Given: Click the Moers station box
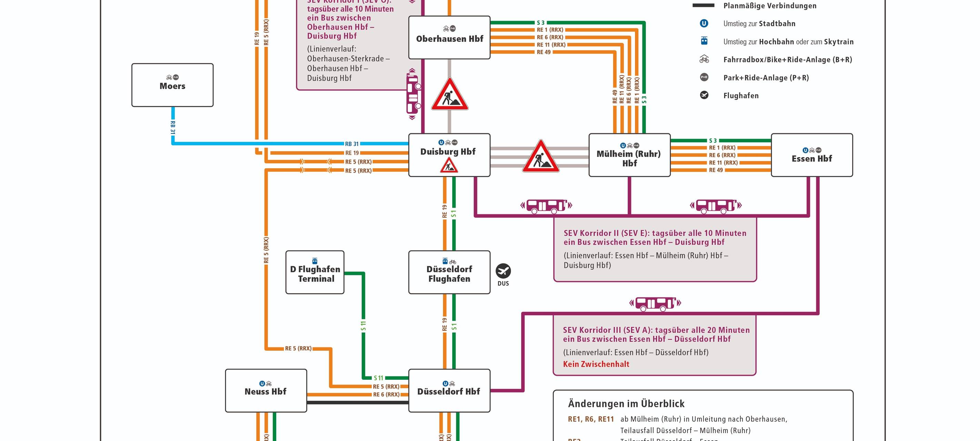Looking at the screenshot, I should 172,85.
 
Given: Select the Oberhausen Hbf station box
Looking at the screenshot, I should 449,38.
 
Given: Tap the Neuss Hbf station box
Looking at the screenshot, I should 265,391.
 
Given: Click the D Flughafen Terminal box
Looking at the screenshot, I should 315,273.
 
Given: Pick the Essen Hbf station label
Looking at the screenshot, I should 811,158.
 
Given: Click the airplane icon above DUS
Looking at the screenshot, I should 503,271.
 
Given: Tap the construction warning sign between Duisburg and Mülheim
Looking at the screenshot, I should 540,157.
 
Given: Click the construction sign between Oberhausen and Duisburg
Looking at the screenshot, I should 450,95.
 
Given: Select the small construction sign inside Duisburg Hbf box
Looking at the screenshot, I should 449,166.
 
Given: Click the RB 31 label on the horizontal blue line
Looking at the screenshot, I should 352,144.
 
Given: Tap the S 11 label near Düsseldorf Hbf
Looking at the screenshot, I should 378,378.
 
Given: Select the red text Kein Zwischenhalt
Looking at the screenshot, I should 596,364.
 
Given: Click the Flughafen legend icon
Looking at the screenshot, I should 704,95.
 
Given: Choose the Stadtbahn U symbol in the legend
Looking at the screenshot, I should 704,23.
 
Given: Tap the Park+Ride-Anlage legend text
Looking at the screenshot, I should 766,78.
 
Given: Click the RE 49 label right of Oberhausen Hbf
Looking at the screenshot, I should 544,52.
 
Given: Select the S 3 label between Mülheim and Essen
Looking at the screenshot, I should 713,141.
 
